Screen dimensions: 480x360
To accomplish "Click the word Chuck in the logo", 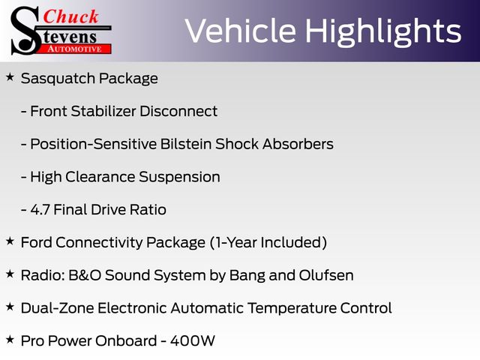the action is click(x=70, y=16).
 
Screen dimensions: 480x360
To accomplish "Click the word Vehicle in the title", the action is click(x=241, y=31).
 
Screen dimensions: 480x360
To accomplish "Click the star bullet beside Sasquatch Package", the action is click(x=10, y=76).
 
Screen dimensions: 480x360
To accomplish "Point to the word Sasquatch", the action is click(x=58, y=79).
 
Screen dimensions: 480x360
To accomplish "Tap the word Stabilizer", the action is click(x=103, y=111).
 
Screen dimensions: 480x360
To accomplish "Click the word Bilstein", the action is click(x=186, y=144).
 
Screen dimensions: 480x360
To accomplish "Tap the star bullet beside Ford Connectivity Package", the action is click(x=10, y=241).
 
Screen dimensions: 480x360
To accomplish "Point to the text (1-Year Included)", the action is click(x=268, y=242).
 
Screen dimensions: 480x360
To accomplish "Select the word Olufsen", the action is click(x=326, y=275).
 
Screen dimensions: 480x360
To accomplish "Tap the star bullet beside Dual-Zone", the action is click(x=10, y=307).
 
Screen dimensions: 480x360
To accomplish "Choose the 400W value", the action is click(x=193, y=341).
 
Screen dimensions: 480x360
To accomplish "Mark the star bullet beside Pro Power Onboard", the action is click(x=10, y=339).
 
